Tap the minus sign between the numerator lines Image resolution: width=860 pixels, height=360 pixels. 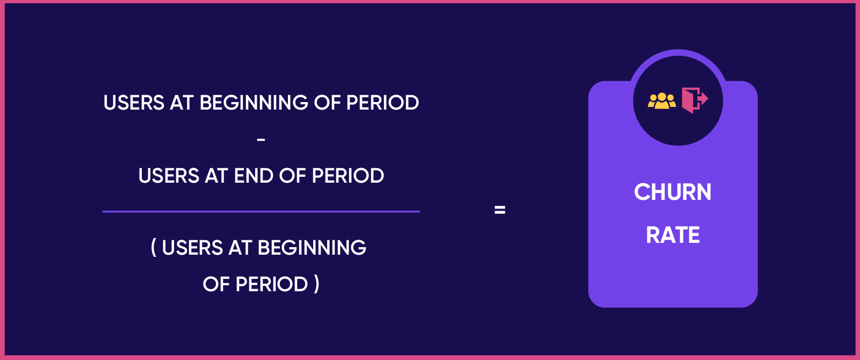tap(261, 140)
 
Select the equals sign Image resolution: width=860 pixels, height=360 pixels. tap(500, 210)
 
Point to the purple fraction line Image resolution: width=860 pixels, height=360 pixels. tap(261, 211)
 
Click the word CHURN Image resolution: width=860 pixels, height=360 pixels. tap(673, 192)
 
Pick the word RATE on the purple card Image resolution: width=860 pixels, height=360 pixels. tap(673, 235)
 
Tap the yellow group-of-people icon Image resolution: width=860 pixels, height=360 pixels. tap(662, 101)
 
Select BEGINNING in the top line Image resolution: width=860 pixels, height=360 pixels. tap(254, 103)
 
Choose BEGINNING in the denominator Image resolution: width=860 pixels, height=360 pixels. tap(312, 248)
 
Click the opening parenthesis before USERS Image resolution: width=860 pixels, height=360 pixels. tap(154, 248)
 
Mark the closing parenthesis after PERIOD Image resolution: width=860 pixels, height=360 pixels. tap(317, 284)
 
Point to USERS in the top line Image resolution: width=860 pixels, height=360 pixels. tap(134, 103)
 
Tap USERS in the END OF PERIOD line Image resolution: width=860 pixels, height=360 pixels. tap(169, 176)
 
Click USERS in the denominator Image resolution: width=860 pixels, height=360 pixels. tap(192, 248)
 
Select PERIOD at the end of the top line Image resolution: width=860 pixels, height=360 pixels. tap(382, 103)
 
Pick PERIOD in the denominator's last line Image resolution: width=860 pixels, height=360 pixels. tap(272, 284)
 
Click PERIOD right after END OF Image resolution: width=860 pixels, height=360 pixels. tap(348, 176)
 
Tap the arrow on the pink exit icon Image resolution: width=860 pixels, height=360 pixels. tap(703, 99)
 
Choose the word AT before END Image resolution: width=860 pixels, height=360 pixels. tap(217, 176)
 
